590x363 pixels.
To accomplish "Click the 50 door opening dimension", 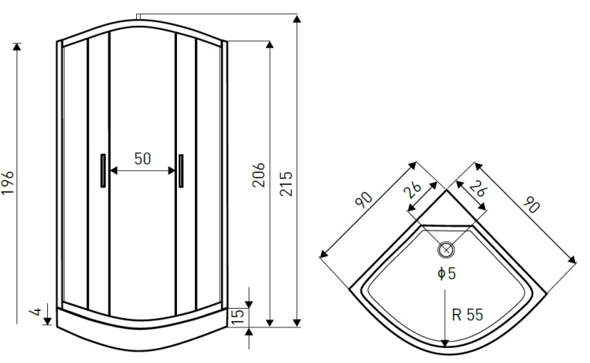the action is (x=142, y=158).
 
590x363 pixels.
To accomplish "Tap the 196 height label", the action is (x=8, y=183).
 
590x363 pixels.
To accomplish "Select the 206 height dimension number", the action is (x=259, y=175).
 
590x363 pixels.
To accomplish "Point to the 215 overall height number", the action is (x=286, y=183).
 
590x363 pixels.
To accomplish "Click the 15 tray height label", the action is (x=238, y=317).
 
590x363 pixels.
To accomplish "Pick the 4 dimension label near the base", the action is (x=35, y=311).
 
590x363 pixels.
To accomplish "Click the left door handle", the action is (x=103, y=171).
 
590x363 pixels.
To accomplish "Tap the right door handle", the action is (x=181, y=171).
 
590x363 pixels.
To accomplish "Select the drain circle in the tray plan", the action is (x=446, y=250).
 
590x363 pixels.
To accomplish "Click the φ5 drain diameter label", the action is (x=447, y=273).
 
